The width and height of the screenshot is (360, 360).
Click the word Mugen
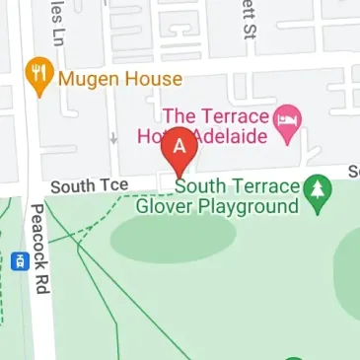[x=90, y=79]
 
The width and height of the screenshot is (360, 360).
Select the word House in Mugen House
[x=153, y=79]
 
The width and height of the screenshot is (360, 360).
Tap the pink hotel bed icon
[x=289, y=120]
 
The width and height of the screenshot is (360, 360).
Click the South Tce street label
[x=90, y=185]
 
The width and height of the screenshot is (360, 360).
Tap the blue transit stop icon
[x=18, y=262]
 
